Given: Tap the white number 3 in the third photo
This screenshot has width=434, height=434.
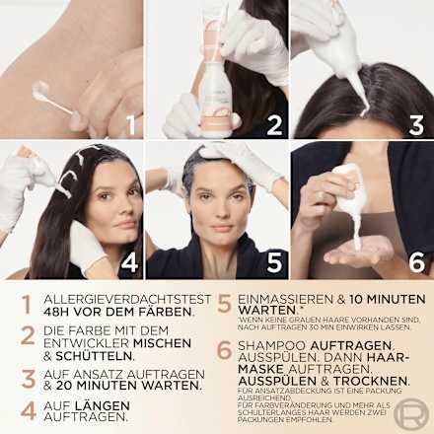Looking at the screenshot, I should click(x=414, y=123).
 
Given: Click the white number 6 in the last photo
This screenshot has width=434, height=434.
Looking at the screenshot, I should click(x=414, y=263).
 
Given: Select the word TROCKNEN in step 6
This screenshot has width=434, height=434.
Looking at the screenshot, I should click(x=373, y=380).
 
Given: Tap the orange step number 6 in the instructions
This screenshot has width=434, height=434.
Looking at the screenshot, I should click(x=224, y=352).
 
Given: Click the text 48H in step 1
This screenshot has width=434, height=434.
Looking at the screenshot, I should click(x=60, y=312).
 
